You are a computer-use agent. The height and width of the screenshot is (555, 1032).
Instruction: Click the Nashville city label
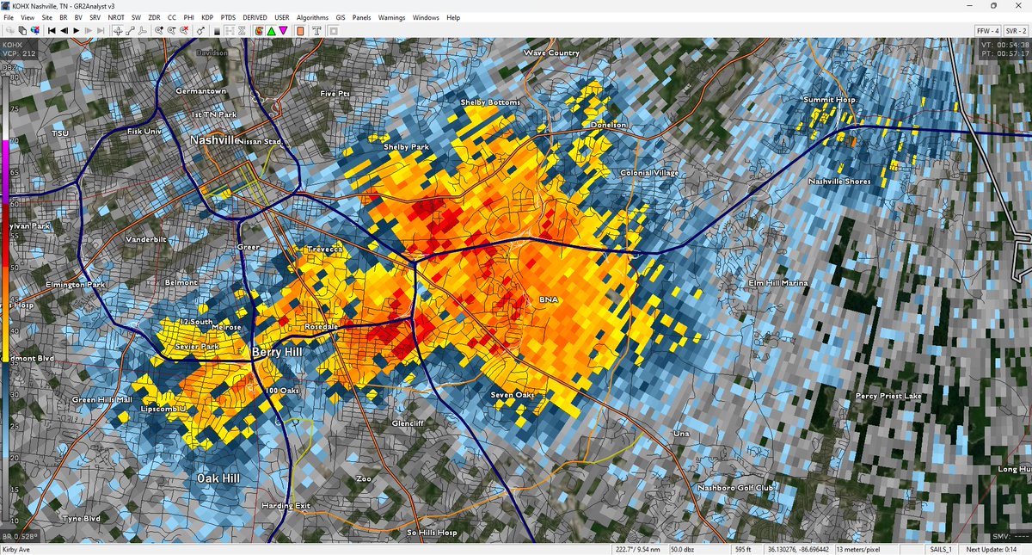point(214,139)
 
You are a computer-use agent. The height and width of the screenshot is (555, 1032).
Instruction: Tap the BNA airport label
point(549,299)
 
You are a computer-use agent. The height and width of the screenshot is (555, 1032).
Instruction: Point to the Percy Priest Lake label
point(888,397)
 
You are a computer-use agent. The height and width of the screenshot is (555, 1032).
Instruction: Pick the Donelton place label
point(610,125)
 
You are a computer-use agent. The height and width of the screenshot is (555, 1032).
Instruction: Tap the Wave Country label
point(552,53)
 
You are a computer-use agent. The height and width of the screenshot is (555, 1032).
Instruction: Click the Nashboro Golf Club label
point(735,488)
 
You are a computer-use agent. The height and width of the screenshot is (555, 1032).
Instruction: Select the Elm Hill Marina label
point(778,282)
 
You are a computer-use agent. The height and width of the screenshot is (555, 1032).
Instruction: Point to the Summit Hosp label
point(830,100)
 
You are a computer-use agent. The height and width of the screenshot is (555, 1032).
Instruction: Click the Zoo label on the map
point(364,478)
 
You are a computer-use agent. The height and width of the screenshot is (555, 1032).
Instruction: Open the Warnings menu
point(391,17)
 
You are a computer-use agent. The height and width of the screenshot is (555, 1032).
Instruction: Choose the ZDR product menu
point(154,17)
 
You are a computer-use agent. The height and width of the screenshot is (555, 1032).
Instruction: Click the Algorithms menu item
point(312,17)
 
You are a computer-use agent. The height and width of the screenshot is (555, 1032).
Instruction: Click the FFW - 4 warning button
point(986,30)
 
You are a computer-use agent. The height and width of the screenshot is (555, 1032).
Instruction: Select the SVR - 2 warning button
point(1016,30)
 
